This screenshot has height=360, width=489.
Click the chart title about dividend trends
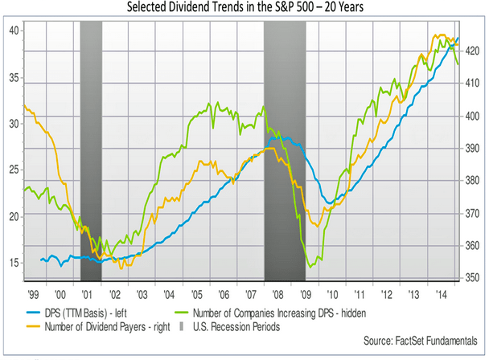(244, 7)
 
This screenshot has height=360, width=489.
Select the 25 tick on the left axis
(12, 170)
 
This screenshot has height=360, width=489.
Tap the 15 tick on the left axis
(12, 263)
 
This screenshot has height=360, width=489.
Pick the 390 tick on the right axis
(474, 149)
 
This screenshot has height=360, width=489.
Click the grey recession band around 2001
(92, 153)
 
